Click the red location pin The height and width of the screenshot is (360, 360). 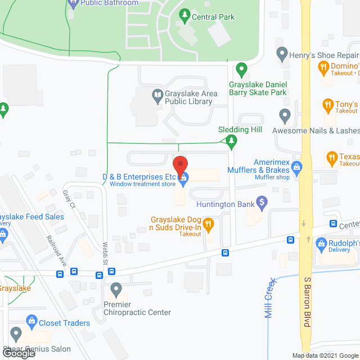tap(179, 165)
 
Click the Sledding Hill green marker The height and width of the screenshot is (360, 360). tap(231, 143)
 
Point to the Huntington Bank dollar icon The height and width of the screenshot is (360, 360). tap(261, 201)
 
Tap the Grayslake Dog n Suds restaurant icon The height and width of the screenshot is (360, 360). tap(208, 224)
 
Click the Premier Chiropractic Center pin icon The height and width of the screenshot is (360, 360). tap(116, 290)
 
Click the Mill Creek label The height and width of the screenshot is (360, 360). tap(270, 298)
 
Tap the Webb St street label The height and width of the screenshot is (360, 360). tap(105, 256)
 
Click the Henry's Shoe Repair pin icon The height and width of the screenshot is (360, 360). tap(282, 55)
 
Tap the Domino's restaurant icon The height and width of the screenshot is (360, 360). tap(323, 69)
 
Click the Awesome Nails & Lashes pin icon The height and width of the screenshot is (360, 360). tap(285, 116)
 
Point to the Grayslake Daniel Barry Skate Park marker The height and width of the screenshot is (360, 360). tap(242, 70)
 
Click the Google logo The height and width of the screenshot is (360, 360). tap(18, 353)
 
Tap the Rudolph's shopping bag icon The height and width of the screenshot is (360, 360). tap(321, 244)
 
